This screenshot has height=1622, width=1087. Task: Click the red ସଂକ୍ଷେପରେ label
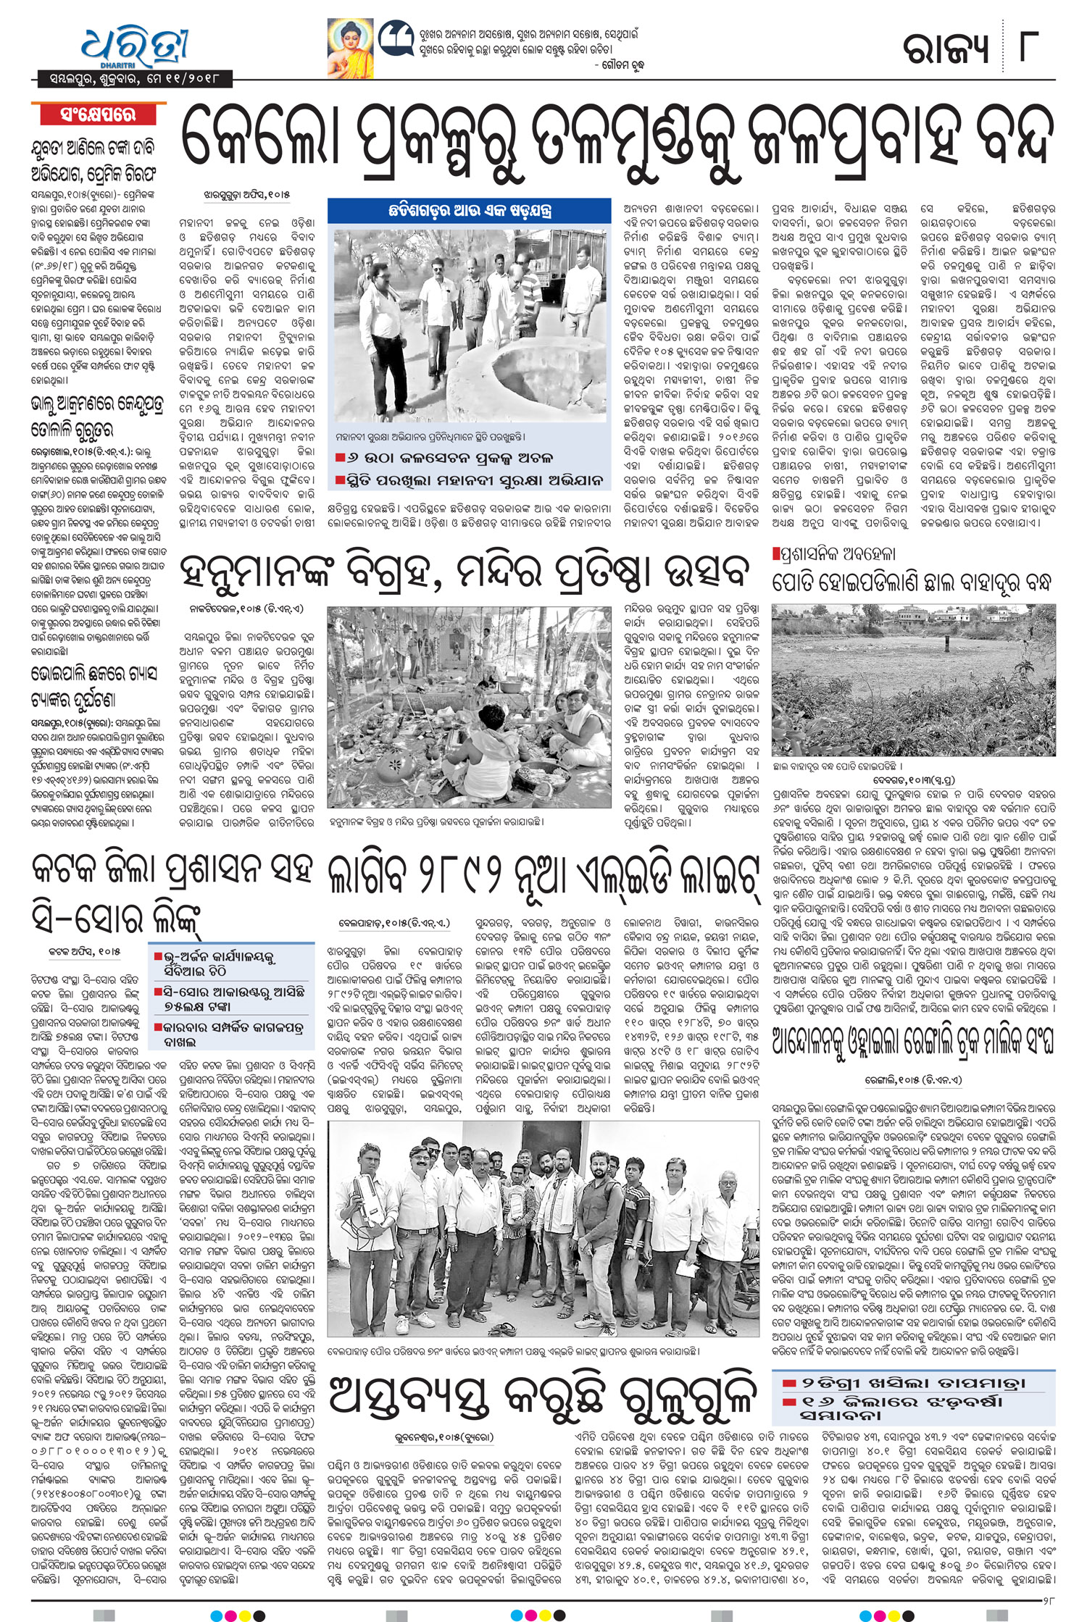98,114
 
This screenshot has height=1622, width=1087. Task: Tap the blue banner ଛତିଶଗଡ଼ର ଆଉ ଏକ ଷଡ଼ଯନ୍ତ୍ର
469,212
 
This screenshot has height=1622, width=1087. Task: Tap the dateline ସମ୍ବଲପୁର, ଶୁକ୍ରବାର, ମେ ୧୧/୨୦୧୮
130,78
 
